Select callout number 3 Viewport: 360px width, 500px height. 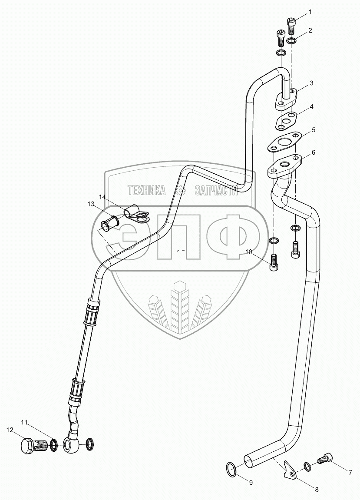click(x=311, y=83)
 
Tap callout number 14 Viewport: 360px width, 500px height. click(x=102, y=197)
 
